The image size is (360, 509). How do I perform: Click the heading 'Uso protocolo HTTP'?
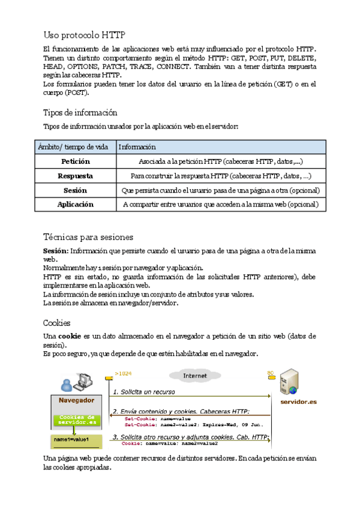tap(85, 35)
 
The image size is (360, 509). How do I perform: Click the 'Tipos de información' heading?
tap(80, 112)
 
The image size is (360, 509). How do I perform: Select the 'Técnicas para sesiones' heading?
tap(88, 237)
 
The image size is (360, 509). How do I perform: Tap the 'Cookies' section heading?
tap(57, 322)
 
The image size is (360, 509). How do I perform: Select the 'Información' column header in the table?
tap(137, 147)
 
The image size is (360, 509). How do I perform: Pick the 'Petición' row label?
tap(75, 161)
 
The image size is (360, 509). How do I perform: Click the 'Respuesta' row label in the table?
tap(75, 176)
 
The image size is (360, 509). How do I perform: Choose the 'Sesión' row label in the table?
tap(75, 190)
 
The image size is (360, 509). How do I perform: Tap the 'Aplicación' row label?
tap(75, 204)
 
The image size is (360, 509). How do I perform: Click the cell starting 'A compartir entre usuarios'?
tap(221, 204)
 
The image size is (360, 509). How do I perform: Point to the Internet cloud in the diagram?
tap(195, 376)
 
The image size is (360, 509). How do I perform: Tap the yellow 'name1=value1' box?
tap(71, 440)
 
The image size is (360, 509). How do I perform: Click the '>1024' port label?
tap(123, 374)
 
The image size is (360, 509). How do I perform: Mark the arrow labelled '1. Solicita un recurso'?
tap(189, 396)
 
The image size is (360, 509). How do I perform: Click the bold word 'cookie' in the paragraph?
tap(70, 336)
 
